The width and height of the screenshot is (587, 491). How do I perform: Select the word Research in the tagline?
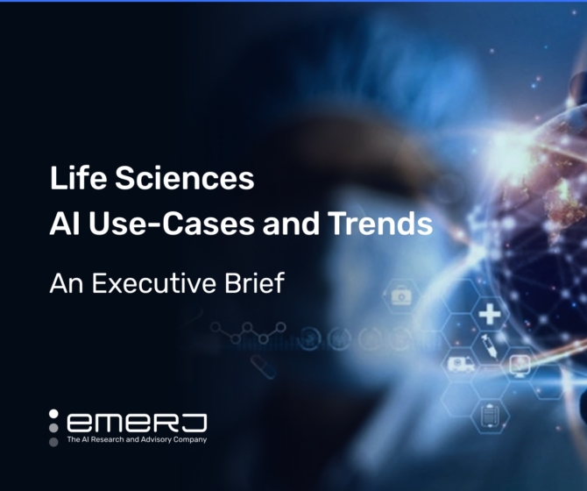coord(107,439)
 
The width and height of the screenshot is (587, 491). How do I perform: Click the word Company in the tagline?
coord(190,439)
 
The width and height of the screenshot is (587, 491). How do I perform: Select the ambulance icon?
coord(461,362)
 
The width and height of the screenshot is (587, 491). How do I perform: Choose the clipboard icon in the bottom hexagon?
coord(491,407)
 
